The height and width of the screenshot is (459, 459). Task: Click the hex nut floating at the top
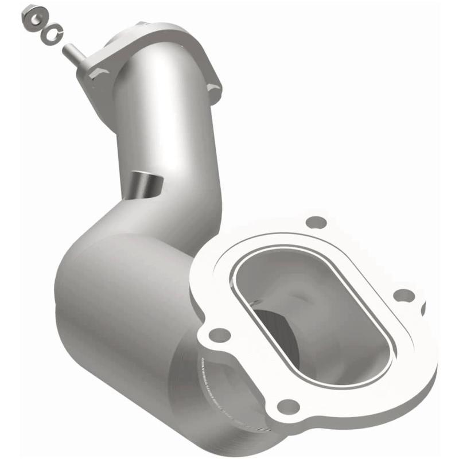pyautogui.click(x=32, y=17)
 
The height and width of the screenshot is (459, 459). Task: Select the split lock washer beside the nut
pyautogui.click(x=50, y=34)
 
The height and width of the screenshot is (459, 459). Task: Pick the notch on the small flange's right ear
pyautogui.click(x=216, y=88)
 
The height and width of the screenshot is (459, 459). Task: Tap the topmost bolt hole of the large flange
pyautogui.click(x=315, y=221)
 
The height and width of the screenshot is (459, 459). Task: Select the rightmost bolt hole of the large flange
pyautogui.click(x=404, y=295)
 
